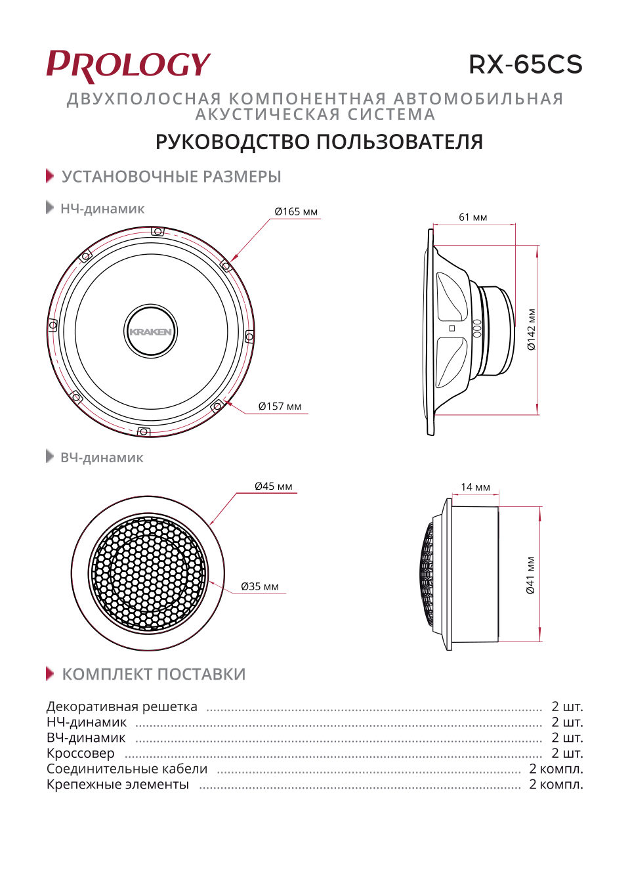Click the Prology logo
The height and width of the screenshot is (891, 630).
(128, 66)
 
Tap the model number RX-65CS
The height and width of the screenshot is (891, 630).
(525, 64)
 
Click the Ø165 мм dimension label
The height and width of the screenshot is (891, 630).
(296, 211)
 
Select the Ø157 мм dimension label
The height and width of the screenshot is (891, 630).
(280, 406)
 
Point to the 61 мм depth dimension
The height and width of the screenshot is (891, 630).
(472, 217)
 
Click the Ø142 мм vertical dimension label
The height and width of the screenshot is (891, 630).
(532, 330)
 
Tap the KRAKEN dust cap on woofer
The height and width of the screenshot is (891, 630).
(151, 332)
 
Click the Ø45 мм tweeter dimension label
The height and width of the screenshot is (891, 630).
(274, 487)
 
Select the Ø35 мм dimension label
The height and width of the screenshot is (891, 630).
(260, 586)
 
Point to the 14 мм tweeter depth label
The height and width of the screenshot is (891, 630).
(475, 487)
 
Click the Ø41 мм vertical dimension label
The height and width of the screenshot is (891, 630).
(531, 575)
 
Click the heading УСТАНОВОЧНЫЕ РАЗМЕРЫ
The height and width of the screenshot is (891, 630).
(171, 177)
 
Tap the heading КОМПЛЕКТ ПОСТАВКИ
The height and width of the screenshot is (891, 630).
(154, 674)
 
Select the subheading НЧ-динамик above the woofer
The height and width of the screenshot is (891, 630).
(102, 209)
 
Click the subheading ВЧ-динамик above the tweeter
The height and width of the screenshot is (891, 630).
(102, 458)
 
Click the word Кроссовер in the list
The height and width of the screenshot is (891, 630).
(80, 753)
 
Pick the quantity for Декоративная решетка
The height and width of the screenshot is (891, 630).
(567, 706)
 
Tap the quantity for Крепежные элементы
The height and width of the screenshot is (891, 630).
(556, 784)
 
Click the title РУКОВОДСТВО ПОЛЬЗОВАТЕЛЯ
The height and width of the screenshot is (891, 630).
(319, 142)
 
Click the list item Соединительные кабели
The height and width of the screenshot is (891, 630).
(127, 769)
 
